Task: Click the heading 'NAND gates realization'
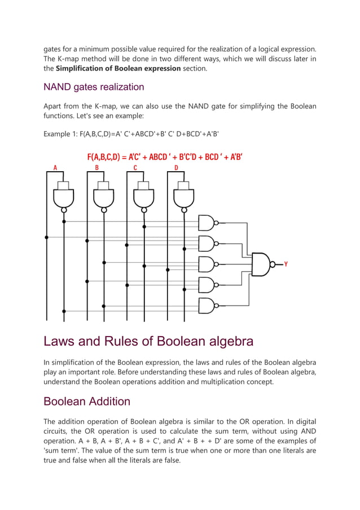tap(94, 87)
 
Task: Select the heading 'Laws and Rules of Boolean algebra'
tap(148, 341)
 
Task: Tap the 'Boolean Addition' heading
tap(87, 402)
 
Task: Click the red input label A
tap(55, 168)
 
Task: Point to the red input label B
tap(96, 168)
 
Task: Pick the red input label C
tap(135, 168)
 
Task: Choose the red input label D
tap(176, 168)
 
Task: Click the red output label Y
tap(286, 264)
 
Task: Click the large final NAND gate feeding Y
tap(261, 264)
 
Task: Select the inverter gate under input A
tap(64, 198)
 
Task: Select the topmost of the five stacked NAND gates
tap(207, 223)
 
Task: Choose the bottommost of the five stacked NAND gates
tap(207, 305)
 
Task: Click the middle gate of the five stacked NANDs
tap(207, 264)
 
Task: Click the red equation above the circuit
tap(165, 157)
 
